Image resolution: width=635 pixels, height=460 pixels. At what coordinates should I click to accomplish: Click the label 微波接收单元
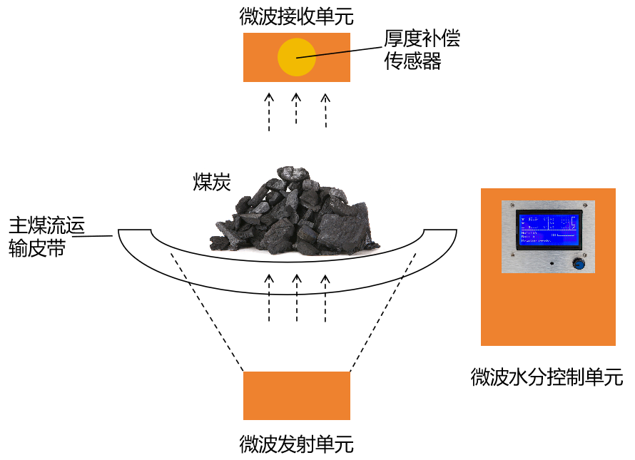pyautogui.click(x=296, y=16)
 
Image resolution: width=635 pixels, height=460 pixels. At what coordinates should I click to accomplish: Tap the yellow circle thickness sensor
pyautogui.click(x=297, y=58)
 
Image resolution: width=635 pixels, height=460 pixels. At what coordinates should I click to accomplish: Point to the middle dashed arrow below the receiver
pyautogui.click(x=297, y=111)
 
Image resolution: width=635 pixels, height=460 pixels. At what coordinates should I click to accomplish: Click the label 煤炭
pyautogui.click(x=212, y=182)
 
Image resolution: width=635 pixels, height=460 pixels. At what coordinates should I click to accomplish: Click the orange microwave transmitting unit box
pyautogui.click(x=297, y=396)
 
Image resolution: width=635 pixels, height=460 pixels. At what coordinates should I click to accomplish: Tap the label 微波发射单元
pyautogui.click(x=296, y=445)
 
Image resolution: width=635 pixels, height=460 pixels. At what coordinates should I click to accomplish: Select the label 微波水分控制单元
pyautogui.click(x=547, y=377)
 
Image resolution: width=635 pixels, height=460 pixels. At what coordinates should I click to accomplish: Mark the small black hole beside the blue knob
pyautogui.click(x=551, y=264)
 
